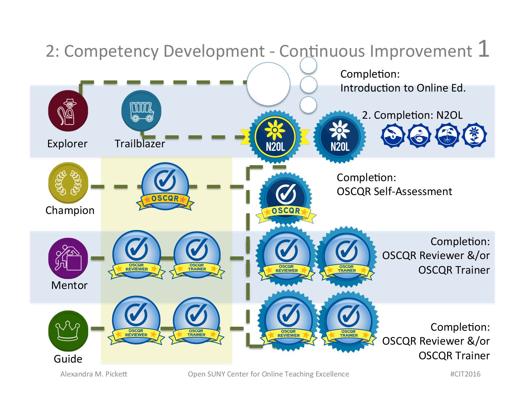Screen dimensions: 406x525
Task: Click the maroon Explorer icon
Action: (68, 111)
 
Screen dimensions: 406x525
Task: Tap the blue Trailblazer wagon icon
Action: (141, 111)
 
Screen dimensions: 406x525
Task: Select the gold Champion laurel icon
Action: (68, 183)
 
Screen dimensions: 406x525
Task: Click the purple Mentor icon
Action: (68, 258)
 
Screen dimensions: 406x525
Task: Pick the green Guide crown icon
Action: (68, 331)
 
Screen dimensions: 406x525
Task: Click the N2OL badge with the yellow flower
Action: (275, 137)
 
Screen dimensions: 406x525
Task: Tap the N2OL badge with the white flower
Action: (340, 137)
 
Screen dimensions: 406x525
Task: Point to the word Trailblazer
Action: (140, 144)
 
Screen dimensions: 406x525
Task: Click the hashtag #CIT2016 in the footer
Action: (465, 374)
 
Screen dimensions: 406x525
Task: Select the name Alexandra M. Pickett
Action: (93, 374)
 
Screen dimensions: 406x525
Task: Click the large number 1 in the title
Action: (483, 49)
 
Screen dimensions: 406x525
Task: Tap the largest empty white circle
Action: (268, 84)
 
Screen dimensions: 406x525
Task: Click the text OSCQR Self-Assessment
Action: (394, 192)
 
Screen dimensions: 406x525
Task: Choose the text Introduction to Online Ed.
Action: (403, 88)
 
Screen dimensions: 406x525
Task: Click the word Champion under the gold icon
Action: (70, 211)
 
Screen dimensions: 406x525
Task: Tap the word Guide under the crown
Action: (68, 359)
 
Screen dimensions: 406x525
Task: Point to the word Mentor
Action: (69, 286)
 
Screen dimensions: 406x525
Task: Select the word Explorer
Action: (67, 144)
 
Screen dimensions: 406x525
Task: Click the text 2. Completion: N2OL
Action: (412, 115)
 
